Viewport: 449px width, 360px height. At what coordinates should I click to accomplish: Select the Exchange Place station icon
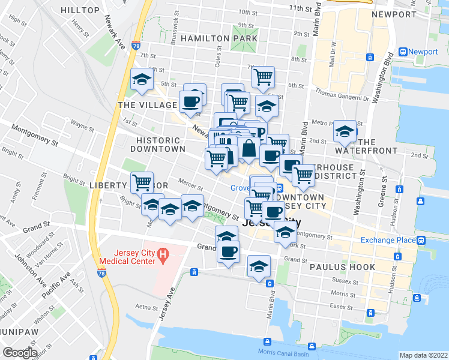point(422,240)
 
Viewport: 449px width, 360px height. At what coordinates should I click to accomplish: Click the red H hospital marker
point(161,257)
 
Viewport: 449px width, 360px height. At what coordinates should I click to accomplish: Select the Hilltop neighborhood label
point(80,10)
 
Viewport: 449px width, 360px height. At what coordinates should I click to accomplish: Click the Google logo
point(20,353)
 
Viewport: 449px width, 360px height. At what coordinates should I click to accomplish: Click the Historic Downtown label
point(157,144)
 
